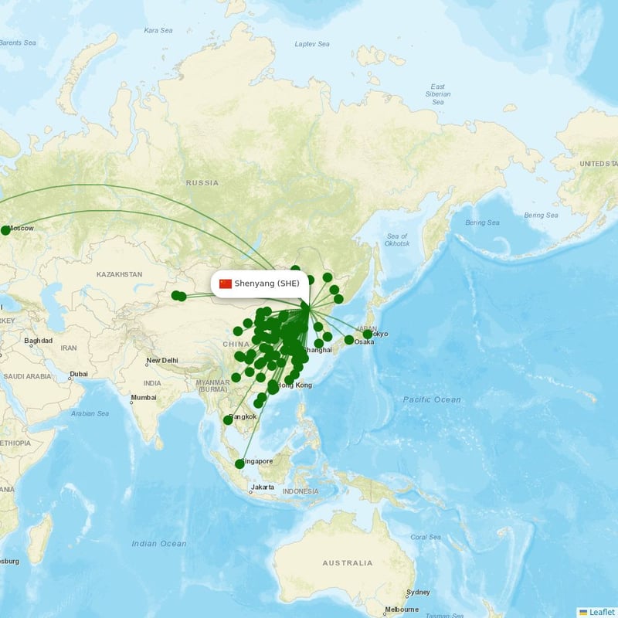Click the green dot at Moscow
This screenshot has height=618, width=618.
(x=5, y=230)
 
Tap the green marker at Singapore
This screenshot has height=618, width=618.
(x=239, y=463)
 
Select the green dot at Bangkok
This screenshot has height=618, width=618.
(x=228, y=419)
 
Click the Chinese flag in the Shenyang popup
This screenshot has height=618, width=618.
(x=226, y=284)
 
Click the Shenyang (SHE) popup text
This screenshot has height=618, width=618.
(x=267, y=284)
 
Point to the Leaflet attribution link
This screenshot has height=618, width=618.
(x=597, y=612)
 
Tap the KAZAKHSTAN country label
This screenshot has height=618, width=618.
(x=119, y=274)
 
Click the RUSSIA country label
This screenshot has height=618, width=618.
(x=202, y=183)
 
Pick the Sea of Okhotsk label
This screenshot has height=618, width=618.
(x=397, y=239)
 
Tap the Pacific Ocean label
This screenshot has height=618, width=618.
(x=431, y=399)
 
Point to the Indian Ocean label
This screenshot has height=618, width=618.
(x=159, y=544)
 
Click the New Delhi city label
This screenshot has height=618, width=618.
(x=163, y=361)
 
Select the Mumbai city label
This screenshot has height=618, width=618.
(x=143, y=399)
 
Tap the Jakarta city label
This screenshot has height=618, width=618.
(x=262, y=487)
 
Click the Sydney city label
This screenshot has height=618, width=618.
(x=419, y=593)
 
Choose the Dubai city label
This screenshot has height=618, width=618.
(x=78, y=375)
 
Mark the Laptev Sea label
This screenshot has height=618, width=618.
(x=311, y=44)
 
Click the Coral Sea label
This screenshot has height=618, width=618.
(x=426, y=537)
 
